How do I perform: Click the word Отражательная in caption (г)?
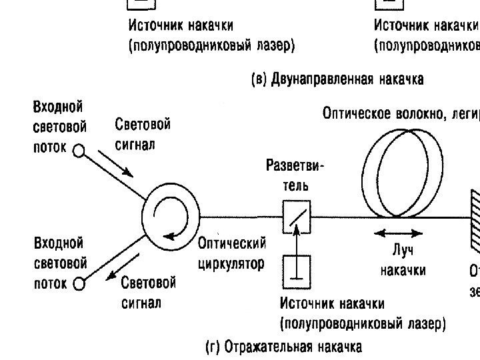[265, 347]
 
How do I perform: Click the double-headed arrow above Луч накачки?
[399, 233]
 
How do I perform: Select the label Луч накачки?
[403, 260]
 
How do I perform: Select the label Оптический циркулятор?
[231, 253]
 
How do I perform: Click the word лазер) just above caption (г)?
[426, 325]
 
